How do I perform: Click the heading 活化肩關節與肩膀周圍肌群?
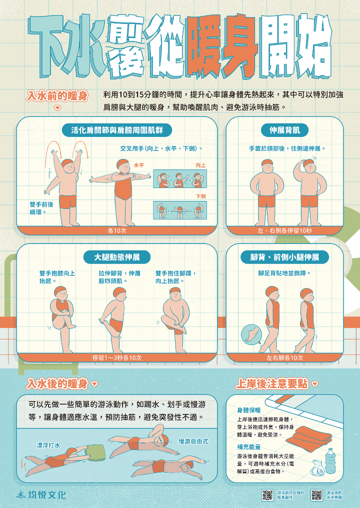(x=117, y=130)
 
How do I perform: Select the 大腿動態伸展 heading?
(x=117, y=257)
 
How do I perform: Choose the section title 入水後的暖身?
(x=57, y=383)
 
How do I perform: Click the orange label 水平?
(x=138, y=164)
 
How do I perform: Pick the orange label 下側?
(x=201, y=196)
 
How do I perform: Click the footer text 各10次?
(x=117, y=230)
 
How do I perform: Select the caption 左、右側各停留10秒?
(x=284, y=230)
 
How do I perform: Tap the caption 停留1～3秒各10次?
(x=117, y=357)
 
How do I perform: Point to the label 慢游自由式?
(x=193, y=441)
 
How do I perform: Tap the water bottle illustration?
(x=330, y=461)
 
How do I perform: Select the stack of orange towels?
(x=309, y=434)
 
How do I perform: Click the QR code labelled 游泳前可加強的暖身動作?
(x=267, y=495)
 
